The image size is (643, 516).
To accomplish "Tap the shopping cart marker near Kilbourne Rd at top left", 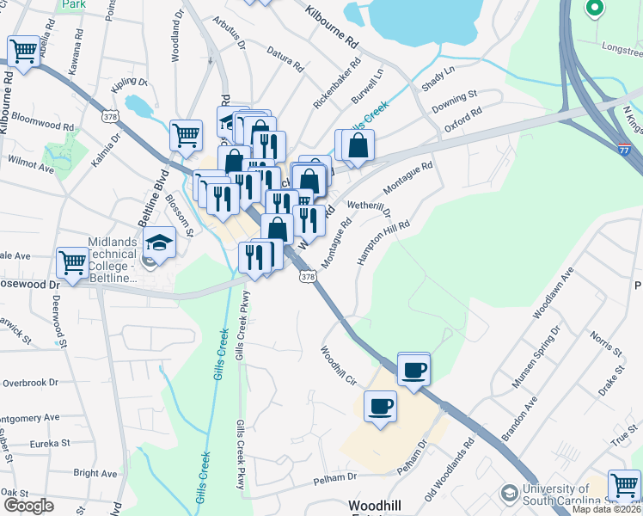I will [x=25, y=51].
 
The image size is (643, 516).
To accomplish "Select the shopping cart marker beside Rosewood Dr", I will [x=73, y=261].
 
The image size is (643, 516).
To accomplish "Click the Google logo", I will [x=28, y=506].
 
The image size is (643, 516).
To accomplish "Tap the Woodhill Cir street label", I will [x=338, y=365].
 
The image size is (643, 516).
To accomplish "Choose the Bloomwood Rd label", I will [x=43, y=126].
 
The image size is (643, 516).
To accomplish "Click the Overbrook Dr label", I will [x=30, y=382].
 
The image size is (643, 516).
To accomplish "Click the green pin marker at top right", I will [x=593, y=9].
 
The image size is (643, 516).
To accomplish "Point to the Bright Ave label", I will [x=96, y=473].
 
